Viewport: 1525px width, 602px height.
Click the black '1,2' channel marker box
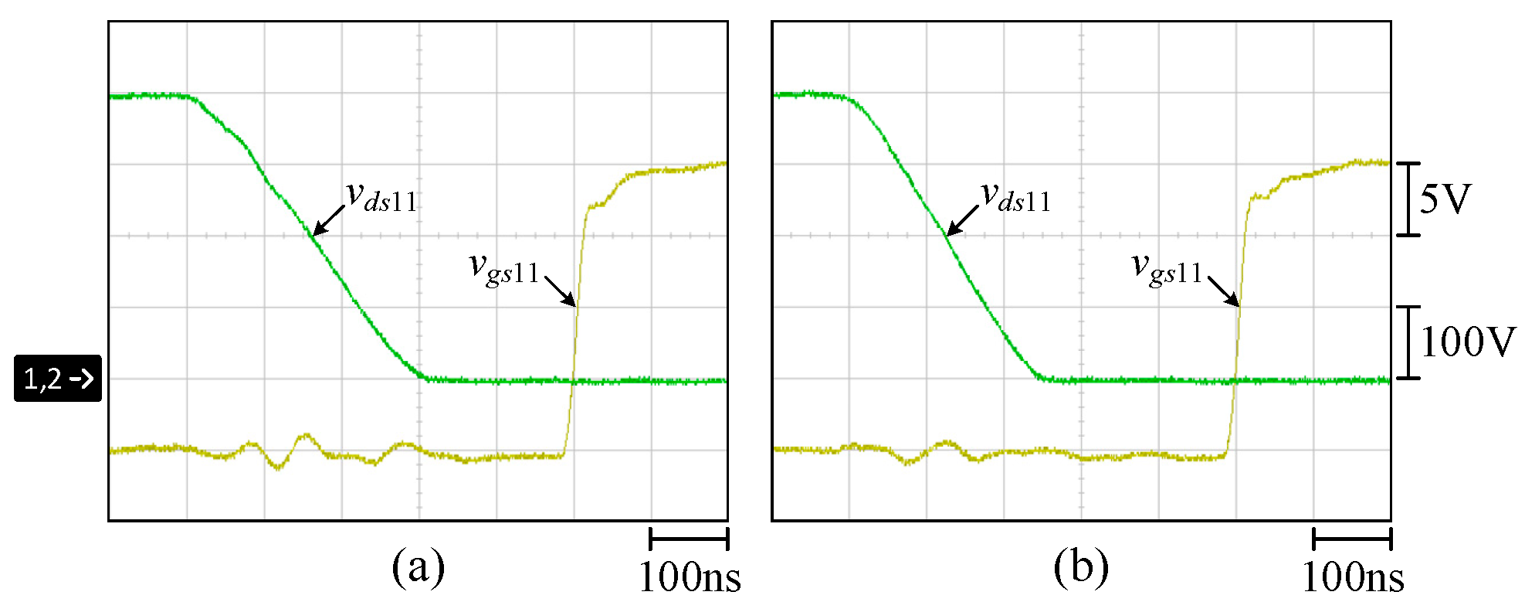(x=58, y=378)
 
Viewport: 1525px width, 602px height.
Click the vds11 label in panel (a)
(x=381, y=197)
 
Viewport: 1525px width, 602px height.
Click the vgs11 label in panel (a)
(x=504, y=269)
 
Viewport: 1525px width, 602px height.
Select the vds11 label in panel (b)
(x=1015, y=197)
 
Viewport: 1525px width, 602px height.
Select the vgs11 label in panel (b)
(x=1167, y=269)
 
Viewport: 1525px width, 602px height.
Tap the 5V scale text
(x=1445, y=199)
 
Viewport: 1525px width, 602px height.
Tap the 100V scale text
(x=1467, y=342)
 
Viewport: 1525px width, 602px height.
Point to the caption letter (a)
(x=418, y=567)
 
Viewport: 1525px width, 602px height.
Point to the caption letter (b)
(x=1080, y=567)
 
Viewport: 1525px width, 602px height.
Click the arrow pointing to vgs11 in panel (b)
(x=1224, y=291)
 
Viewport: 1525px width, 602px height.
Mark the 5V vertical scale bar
(x=1408, y=199)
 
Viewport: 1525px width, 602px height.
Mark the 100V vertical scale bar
(x=1408, y=342)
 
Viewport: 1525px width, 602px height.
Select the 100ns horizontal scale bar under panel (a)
(x=689, y=539)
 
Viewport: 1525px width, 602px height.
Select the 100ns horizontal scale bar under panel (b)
(x=1352, y=539)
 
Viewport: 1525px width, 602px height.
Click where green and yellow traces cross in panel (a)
(x=573, y=380)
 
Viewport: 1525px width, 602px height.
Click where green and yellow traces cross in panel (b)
(x=1235, y=380)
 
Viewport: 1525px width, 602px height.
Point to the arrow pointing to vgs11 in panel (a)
(x=561, y=291)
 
